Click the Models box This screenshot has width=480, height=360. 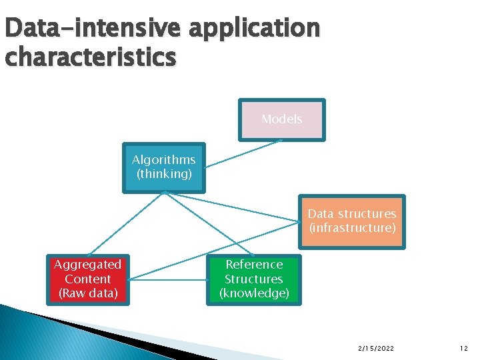point(282,120)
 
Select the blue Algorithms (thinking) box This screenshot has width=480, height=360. point(164,167)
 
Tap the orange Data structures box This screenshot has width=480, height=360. point(352,222)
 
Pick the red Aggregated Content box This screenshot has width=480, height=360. point(87,279)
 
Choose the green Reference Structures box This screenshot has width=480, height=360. point(254,279)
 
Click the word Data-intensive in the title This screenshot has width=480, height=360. point(93,29)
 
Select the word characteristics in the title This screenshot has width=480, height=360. point(90,57)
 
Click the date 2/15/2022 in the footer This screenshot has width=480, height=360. point(375,348)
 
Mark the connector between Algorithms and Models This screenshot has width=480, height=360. point(243,153)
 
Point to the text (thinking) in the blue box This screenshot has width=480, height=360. point(164,174)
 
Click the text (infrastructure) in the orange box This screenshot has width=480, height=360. point(352,229)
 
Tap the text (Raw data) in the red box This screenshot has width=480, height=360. point(88,293)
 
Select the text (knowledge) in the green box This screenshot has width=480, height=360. point(254,293)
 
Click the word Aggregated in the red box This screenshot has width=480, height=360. point(87,265)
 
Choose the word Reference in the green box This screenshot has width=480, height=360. point(254,265)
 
